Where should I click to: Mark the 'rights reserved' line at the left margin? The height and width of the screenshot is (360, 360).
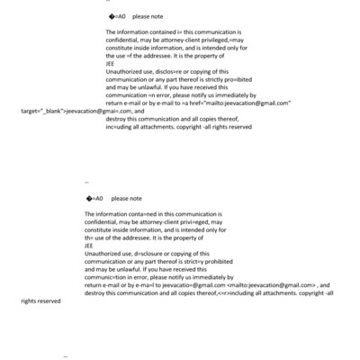click(41, 301)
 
